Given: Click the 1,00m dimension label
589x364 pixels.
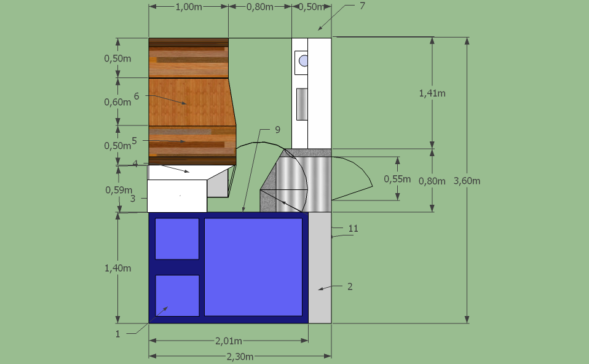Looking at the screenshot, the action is click(x=189, y=7).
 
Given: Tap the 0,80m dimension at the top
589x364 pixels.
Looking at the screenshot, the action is click(x=260, y=7).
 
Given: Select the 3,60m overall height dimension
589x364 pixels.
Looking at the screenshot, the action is click(x=467, y=181).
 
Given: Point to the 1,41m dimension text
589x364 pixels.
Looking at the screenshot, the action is click(x=432, y=93).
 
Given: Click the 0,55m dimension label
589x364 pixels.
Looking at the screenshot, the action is click(x=397, y=179).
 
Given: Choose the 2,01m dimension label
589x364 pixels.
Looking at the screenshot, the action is click(x=228, y=341).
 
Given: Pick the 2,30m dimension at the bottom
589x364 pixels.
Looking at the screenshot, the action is click(x=240, y=357).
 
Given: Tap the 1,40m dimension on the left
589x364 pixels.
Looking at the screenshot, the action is click(x=117, y=268).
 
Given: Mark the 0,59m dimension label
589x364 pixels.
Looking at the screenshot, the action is click(x=119, y=190).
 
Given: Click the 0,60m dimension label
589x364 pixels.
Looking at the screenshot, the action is click(x=117, y=102).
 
